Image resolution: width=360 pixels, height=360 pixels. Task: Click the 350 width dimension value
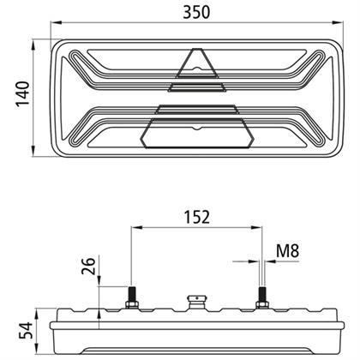pos(196,12)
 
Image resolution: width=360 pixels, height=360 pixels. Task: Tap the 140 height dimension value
pos(23,94)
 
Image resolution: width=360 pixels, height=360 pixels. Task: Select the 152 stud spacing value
pos(196,217)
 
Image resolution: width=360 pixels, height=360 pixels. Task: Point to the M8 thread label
pos(287,251)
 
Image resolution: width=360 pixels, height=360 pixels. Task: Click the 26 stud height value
pos(88,266)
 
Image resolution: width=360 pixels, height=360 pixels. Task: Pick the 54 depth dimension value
pos(26,330)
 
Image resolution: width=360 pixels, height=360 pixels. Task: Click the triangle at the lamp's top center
pos(197,63)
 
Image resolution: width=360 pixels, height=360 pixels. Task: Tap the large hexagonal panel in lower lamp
pos(197,133)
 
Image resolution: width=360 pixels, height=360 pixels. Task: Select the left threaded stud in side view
pos(132,294)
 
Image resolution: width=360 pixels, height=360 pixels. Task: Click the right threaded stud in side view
pos(261,294)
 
